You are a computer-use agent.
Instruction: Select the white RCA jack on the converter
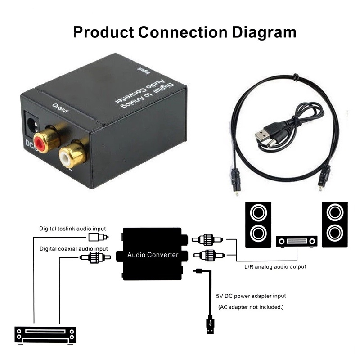click(x=71, y=154)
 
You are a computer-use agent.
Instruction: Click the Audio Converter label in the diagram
click(x=153, y=255)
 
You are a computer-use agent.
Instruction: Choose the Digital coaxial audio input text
click(x=73, y=248)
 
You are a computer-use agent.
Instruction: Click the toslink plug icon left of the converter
click(x=98, y=237)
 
